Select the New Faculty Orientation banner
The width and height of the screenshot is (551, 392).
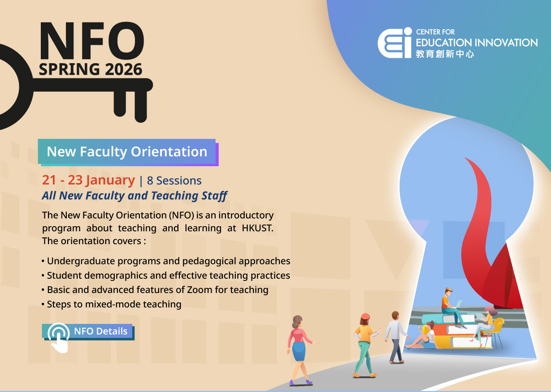(127, 152)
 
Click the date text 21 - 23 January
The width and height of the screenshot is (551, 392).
(88, 180)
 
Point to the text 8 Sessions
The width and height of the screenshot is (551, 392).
(174, 181)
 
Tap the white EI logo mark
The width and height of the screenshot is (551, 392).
(394, 43)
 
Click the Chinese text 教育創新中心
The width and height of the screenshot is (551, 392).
(445, 54)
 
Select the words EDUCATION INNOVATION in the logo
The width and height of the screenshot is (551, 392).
(477, 43)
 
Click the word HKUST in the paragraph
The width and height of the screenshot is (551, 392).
(257, 228)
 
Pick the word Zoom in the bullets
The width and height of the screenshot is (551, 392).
(199, 290)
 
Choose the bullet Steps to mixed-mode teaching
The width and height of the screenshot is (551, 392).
(114, 304)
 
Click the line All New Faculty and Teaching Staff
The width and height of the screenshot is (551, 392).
(134, 196)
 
